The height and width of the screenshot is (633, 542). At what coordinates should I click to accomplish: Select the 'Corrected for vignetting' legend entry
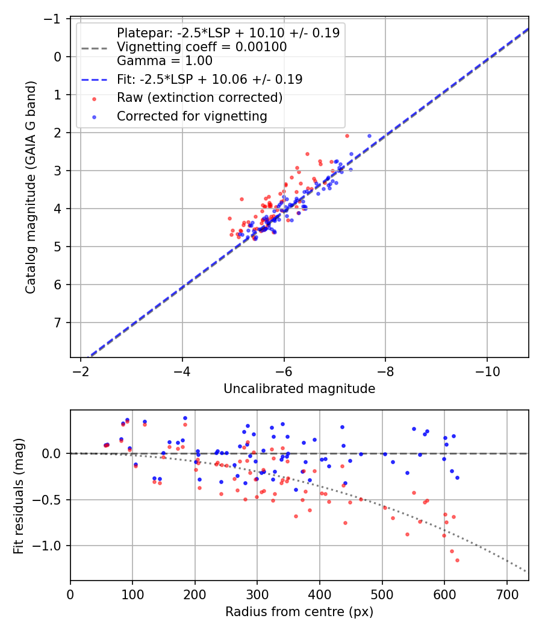[x=192, y=116]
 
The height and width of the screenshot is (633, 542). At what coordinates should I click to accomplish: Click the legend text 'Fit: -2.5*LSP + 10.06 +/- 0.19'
[x=209, y=79]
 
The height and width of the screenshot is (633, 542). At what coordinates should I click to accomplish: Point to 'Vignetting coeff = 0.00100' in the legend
[x=202, y=47]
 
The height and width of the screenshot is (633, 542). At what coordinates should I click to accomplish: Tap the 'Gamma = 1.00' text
[x=164, y=61]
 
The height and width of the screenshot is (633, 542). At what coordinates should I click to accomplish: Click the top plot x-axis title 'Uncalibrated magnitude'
[x=299, y=389]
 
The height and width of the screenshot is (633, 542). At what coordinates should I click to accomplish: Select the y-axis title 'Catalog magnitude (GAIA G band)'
[x=31, y=187]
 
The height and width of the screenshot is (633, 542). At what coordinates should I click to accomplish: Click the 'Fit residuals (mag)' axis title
[x=19, y=495]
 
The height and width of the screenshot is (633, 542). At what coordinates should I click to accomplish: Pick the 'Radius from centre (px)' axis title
[x=299, y=612]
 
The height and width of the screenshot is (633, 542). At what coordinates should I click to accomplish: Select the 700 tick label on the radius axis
[x=506, y=594]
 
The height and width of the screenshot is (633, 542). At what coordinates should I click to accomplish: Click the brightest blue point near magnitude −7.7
[x=369, y=136]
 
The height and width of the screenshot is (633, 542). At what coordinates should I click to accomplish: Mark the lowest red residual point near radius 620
[x=457, y=560]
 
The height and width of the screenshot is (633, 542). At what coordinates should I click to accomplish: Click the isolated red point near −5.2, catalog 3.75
[x=241, y=199]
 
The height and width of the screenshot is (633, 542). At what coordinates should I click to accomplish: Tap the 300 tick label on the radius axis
[x=257, y=594]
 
